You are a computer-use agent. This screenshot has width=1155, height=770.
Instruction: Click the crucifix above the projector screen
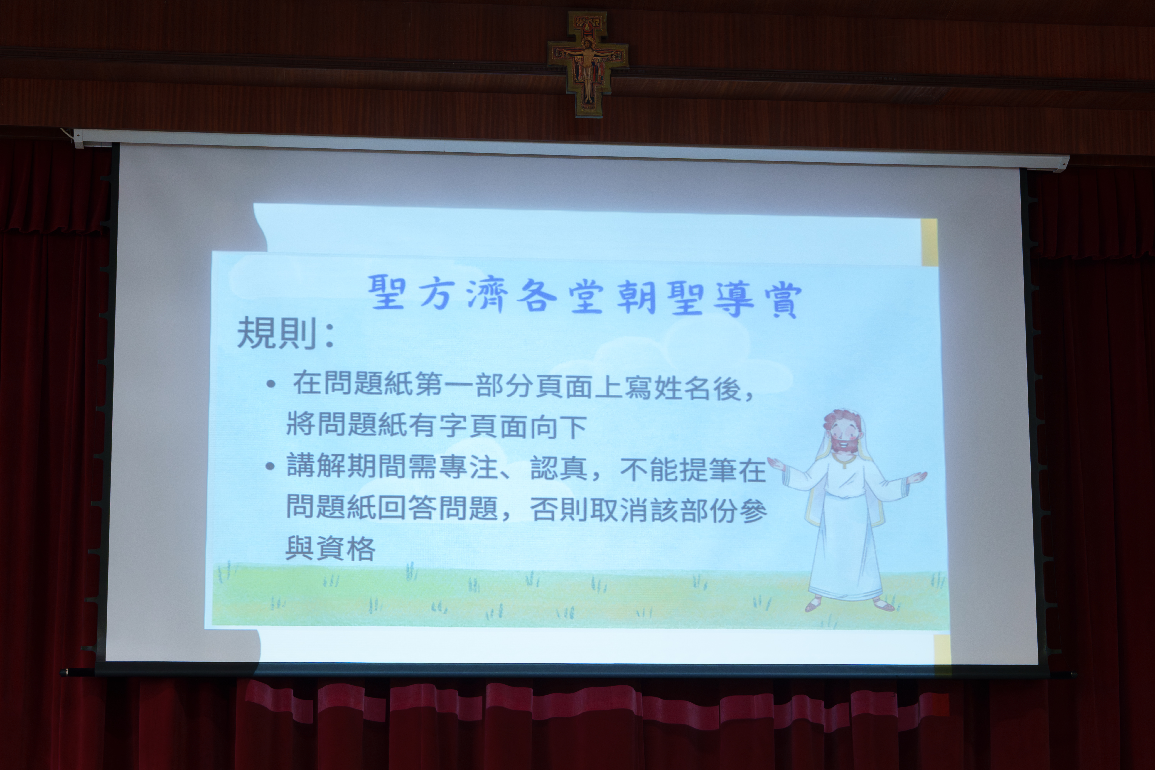pyautogui.click(x=588, y=64)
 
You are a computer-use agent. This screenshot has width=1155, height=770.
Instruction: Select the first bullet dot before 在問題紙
pyautogui.click(x=271, y=384)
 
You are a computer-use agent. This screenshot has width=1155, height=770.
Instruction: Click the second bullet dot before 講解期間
pyautogui.click(x=270, y=466)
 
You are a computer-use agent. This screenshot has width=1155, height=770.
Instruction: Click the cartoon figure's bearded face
pyautogui.click(x=842, y=434)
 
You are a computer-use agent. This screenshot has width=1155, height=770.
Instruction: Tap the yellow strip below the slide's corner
pyautogui.click(x=942, y=649)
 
